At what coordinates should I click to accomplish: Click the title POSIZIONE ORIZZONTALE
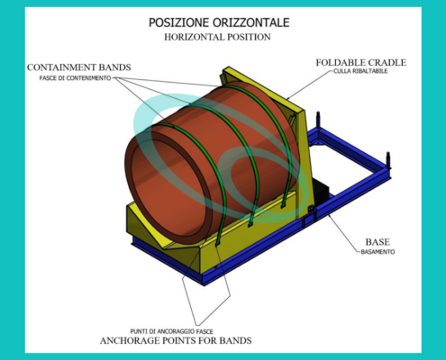pyautogui.click(x=219, y=22)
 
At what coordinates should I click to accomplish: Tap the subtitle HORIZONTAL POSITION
pyautogui.click(x=217, y=37)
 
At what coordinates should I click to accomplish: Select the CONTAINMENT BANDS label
pyautogui.click(x=79, y=67)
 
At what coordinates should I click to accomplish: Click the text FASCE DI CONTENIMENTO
pyautogui.click(x=75, y=78)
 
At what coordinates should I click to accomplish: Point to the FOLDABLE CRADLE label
pyautogui.click(x=361, y=62)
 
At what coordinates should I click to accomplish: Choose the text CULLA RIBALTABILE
pyautogui.click(x=360, y=71)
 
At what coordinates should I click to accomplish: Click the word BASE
pyautogui.click(x=378, y=242)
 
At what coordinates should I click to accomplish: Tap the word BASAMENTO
pyautogui.click(x=378, y=252)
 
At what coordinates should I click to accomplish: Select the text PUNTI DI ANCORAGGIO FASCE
pyautogui.click(x=172, y=331)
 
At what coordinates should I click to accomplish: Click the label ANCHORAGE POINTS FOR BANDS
pyautogui.click(x=176, y=340)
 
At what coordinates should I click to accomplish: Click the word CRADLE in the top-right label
pyautogui.click(x=387, y=62)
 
